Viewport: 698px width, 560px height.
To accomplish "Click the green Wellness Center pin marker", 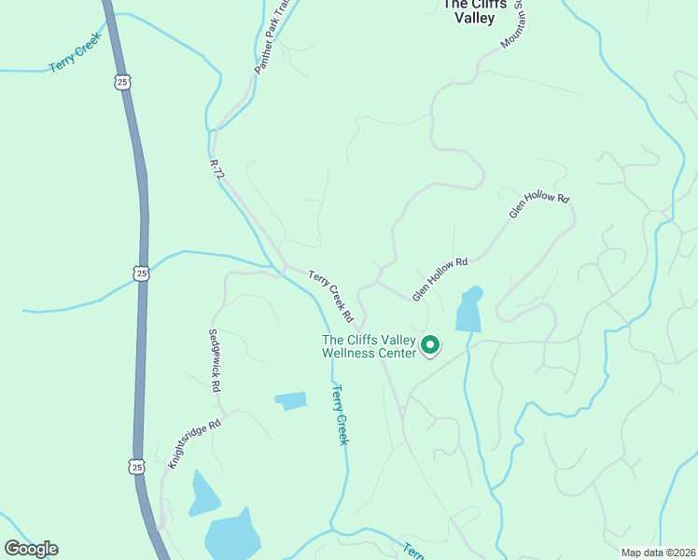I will (430, 345).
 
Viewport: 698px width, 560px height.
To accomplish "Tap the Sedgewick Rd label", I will (215, 360).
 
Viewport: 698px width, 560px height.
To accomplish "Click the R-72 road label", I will (217, 175).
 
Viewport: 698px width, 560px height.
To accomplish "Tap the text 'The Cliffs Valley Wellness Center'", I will (368, 346).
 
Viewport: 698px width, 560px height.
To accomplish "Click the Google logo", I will (31, 549).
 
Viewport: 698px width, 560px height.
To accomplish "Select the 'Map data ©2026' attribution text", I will (658, 553).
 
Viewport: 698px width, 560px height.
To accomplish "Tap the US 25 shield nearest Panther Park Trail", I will (123, 83).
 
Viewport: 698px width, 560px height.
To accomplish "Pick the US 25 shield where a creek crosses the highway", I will (140, 273).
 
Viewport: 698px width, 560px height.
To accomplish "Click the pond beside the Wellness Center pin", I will (469, 310).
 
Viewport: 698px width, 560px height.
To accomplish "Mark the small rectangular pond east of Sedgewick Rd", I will (290, 400).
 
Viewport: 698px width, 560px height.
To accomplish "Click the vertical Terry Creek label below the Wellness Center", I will (341, 414).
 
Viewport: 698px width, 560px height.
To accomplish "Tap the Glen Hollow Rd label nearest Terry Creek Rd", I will (439, 278).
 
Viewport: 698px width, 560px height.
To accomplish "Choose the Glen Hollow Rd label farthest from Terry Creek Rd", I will (538, 205).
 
